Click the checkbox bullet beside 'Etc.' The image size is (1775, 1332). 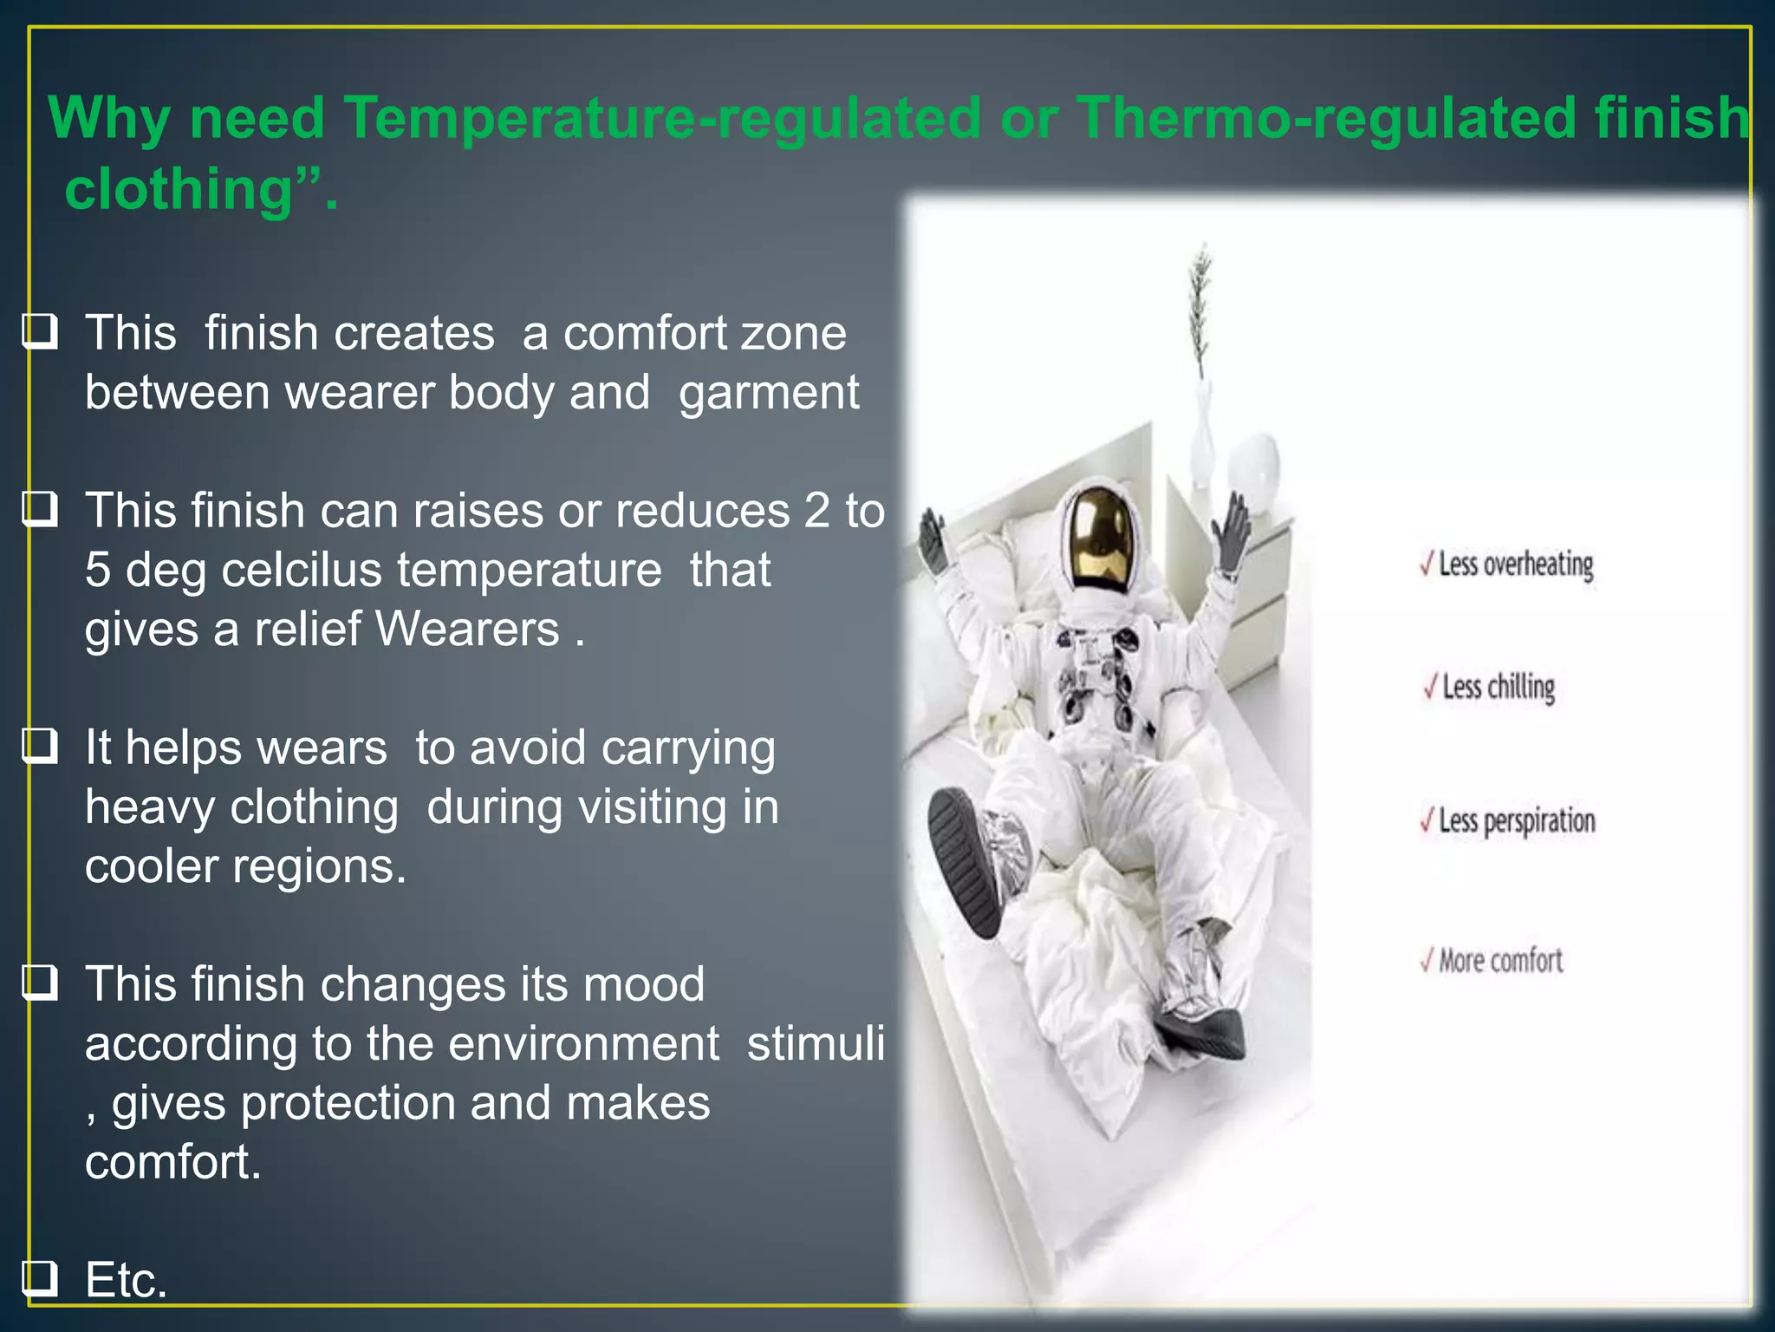[40, 1278]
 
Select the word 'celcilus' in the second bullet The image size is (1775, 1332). [302, 570]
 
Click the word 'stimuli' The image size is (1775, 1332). [816, 1043]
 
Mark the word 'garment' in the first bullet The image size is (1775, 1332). [769, 393]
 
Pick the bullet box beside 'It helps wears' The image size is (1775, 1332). [40, 746]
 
